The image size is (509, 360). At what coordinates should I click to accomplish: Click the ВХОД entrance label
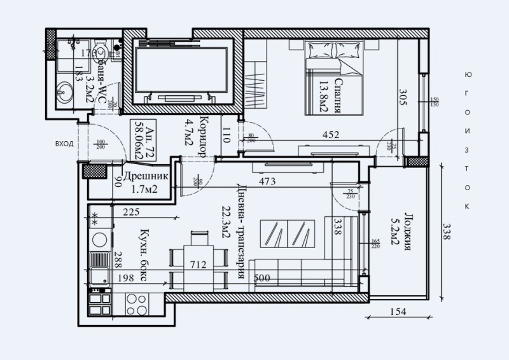coord(64,144)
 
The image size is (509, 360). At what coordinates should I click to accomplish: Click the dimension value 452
coord(330,134)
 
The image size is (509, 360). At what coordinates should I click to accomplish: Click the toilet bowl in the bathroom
coord(101,52)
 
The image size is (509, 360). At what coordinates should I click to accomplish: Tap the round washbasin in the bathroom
coord(64,93)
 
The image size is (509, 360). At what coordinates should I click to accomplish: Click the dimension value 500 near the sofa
coord(262,279)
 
